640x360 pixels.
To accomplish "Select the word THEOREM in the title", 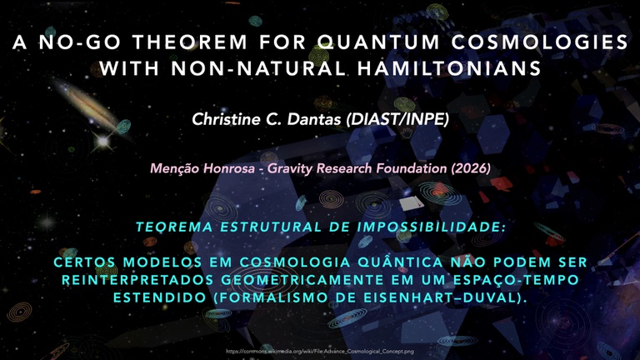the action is [189, 42].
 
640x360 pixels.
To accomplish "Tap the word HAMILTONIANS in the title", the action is [449, 68].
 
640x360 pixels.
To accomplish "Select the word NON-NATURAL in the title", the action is [259, 68].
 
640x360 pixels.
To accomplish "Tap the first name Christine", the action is [226, 119].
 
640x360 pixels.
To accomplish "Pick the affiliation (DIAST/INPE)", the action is [397, 119].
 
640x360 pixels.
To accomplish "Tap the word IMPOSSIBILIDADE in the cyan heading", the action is [432, 227].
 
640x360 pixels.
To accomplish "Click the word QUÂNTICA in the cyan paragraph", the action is [400, 262].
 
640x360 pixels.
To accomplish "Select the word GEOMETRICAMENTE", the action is [302, 280].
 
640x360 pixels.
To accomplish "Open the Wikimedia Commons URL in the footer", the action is [320, 351].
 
